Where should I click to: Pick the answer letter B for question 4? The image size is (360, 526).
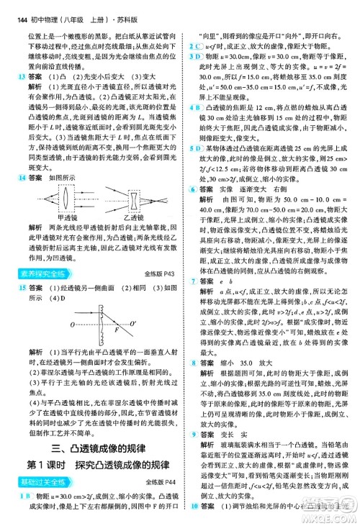198,106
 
